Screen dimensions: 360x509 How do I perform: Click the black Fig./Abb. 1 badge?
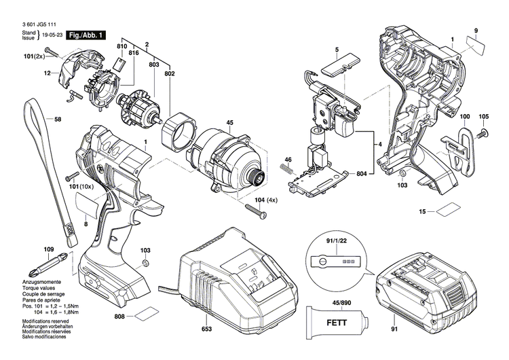tap(85, 34)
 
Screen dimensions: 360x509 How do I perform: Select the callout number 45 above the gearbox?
tap(229, 123)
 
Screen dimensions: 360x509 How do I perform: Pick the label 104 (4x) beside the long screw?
tap(267, 201)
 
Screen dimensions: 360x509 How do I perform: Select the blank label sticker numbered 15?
tap(451, 211)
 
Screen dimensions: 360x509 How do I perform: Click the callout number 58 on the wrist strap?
tap(57, 120)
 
